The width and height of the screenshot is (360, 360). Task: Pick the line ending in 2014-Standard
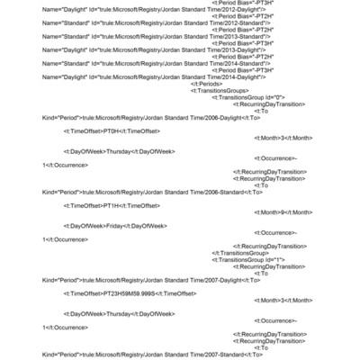(130, 63)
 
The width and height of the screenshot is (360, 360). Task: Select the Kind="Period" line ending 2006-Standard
(152, 192)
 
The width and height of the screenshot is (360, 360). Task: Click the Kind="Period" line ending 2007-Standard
(152, 354)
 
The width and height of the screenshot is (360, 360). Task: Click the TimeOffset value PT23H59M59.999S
(130, 292)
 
